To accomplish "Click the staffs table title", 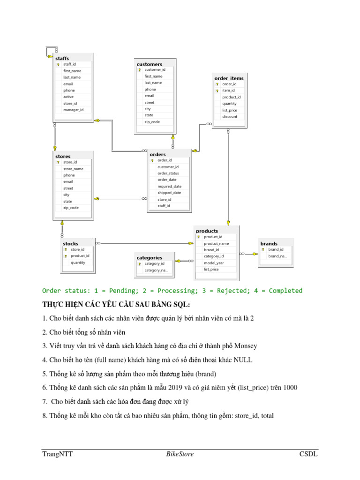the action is coord(62,58).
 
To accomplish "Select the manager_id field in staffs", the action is coord(73,110).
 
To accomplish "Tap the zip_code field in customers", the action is coord(152,122).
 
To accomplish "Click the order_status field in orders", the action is coord(168,173).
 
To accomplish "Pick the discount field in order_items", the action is coord(230,117).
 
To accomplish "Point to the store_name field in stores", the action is coord(73,169).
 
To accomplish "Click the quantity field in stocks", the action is coord(78,262).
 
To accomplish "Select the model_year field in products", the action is coord(214,263).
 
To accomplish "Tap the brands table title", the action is coord(269,244).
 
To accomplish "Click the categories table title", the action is coord(149,257).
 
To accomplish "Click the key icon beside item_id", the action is coord(217,90).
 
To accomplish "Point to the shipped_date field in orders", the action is coord(169,193).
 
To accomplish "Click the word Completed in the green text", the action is coord(283,291).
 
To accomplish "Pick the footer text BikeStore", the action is coord(180,454).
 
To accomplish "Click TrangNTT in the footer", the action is coord(57,454).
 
